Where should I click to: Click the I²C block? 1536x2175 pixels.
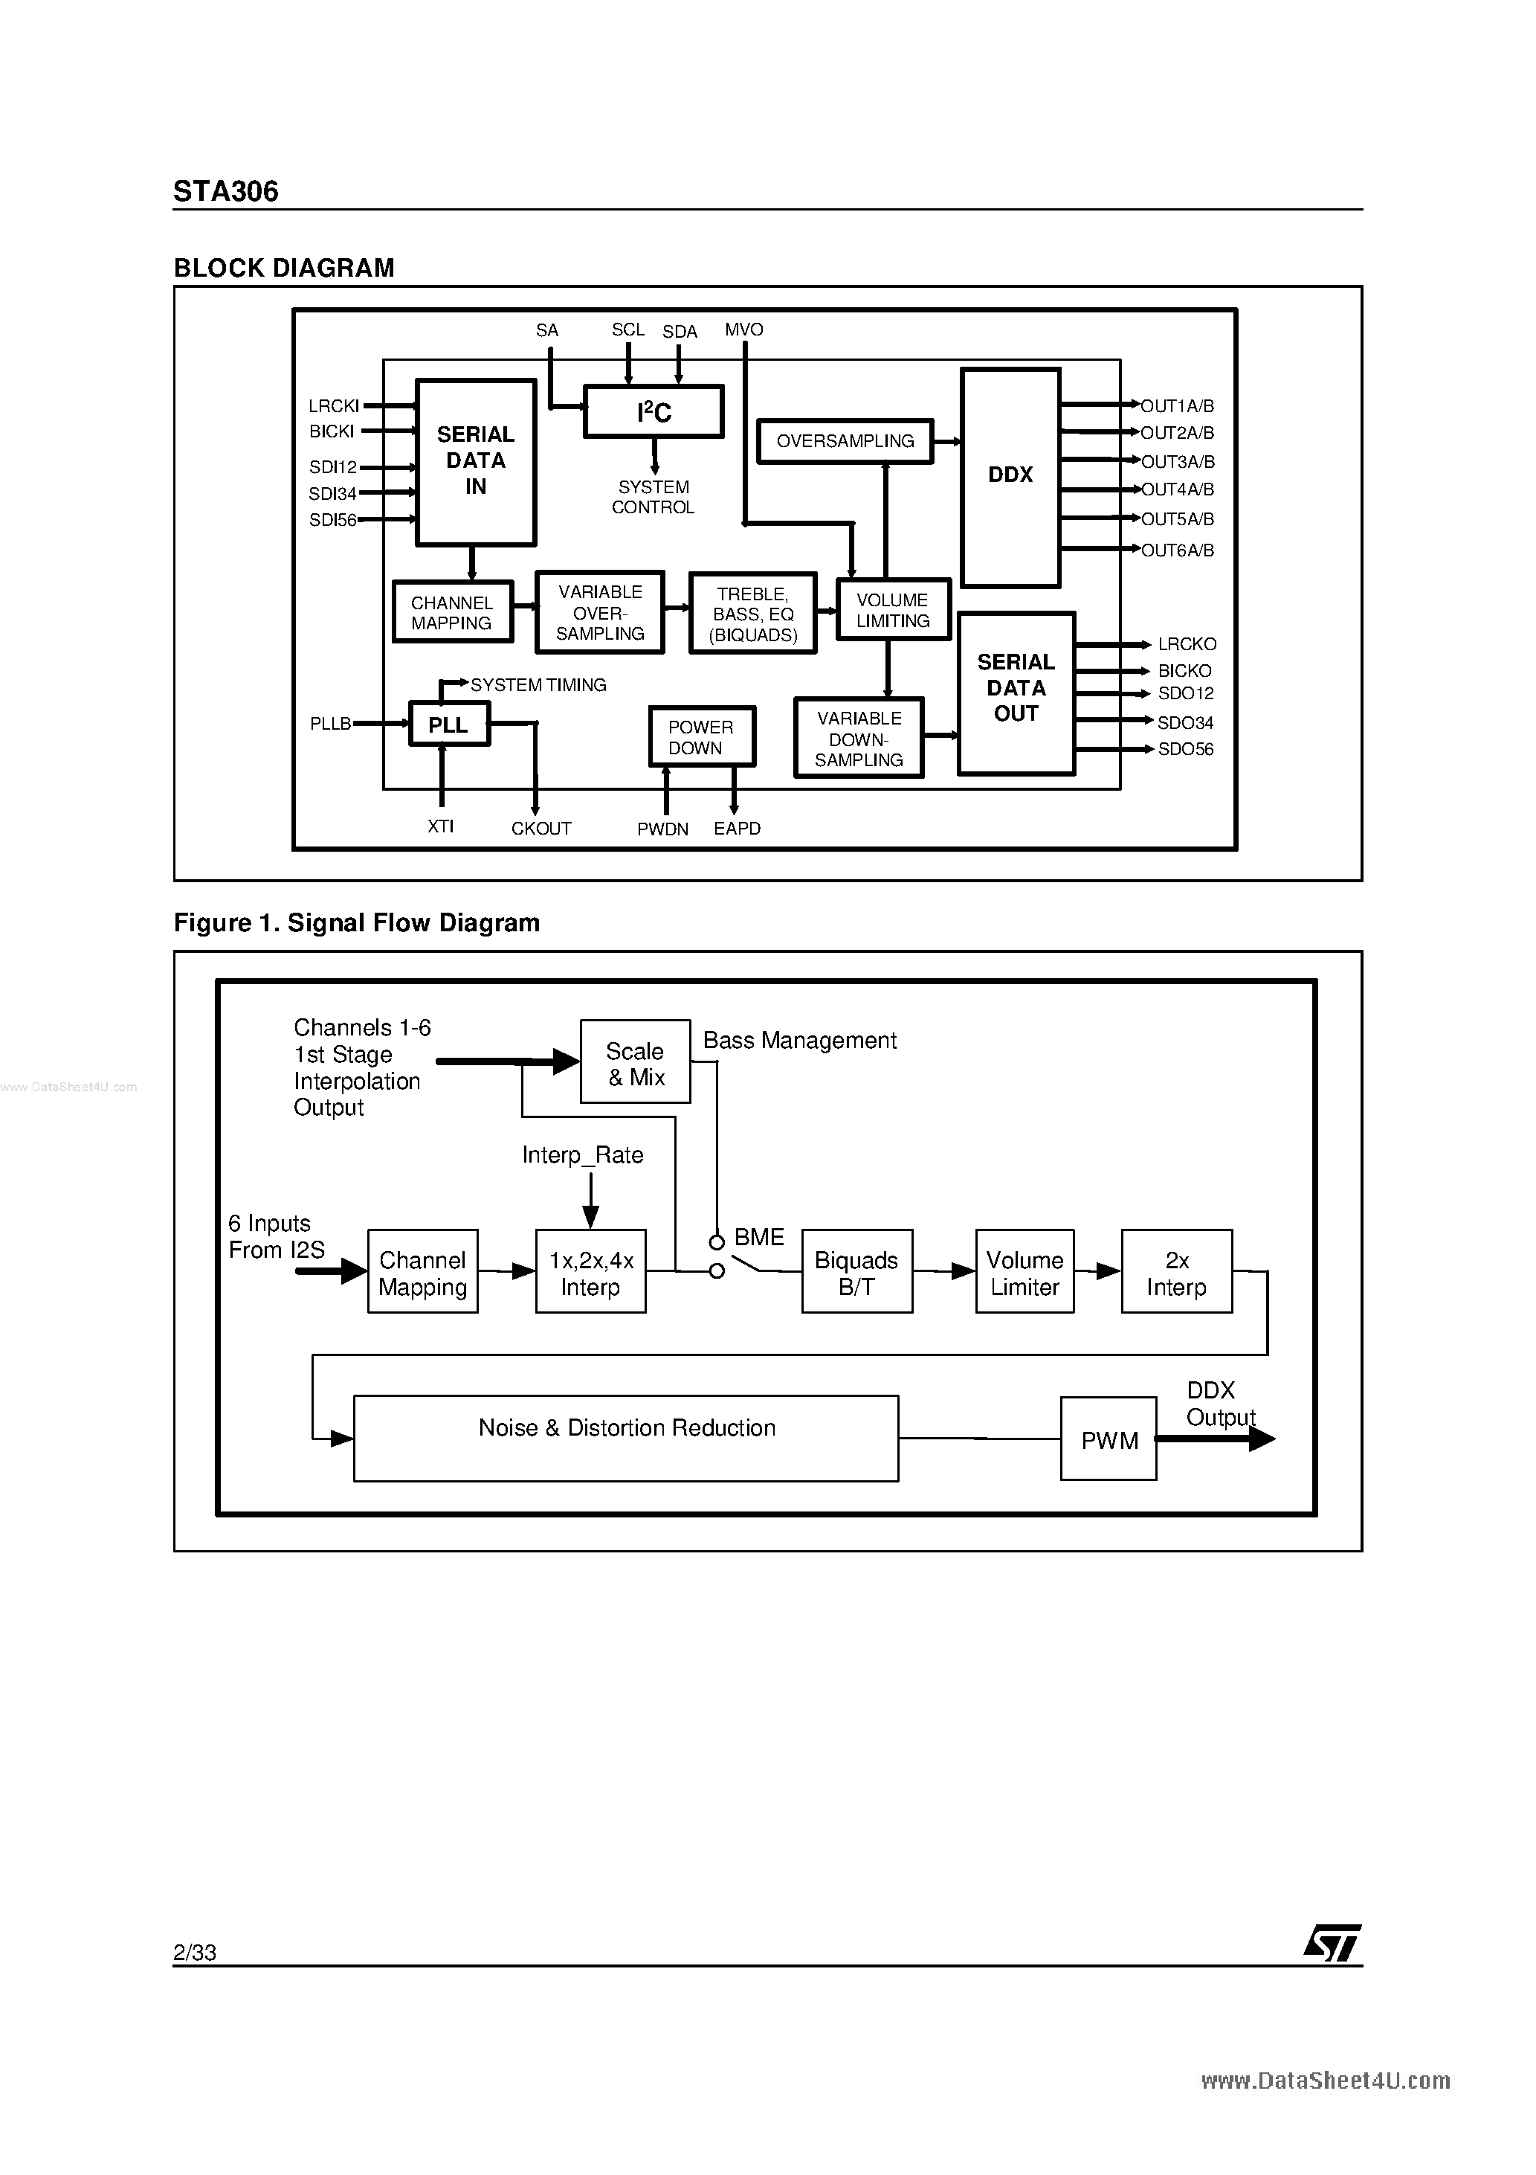(x=654, y=412)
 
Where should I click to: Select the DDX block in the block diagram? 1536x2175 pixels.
(x=1010, y=477)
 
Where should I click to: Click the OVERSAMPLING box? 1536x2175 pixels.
(x=845, y=441)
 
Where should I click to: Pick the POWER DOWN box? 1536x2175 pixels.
(x=701, y=737)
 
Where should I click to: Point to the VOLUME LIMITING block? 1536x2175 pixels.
(x=893, y=610)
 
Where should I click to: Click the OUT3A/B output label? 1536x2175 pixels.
(x=1177, y=462)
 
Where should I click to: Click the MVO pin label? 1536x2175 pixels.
(x=743, y=330)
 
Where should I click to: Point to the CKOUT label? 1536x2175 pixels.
(x=540, y=829)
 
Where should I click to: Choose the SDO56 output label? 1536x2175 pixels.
(x=1184, y=749)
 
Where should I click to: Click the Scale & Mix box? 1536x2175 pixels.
(x=634, y=1063)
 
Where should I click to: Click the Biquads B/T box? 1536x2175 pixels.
(x=856, y=1272)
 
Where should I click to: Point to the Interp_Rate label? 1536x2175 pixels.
(x=582, y=1154)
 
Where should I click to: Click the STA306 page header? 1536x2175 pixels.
(x=225, y=191)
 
